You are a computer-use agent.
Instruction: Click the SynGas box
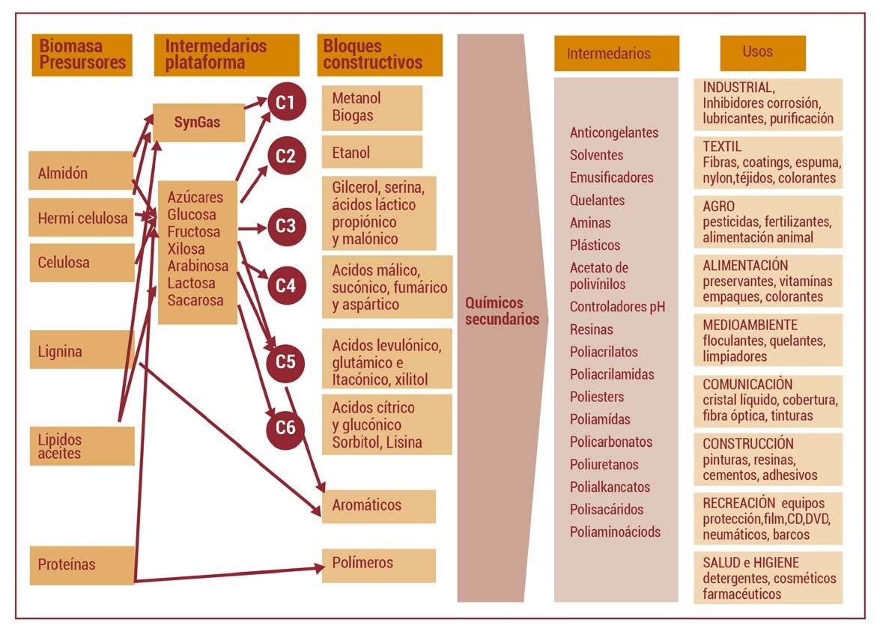pyautogui.click(x=198, y=122)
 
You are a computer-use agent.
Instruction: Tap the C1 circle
pyautogui.click(x=285, y=103)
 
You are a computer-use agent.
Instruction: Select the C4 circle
pyautogui.click(x=285, y=285)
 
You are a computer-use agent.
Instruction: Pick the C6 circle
pyautogui.click(x=285, y=427)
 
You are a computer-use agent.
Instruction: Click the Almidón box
pyautogui.click(x=81, y=171)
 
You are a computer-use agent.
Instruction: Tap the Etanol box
pyautogui.click(x=371, y=153)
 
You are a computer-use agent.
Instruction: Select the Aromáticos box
pyautogui.click(x=378, y=506)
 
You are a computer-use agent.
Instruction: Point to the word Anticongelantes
pyautogui.click(x=614, y=132)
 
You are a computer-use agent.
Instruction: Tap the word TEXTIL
pyautogui.click(x=722, y=147)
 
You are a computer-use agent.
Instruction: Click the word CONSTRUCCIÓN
pyautogui.click(x=748, y=444)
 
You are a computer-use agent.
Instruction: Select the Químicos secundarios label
pyautogui.click(x=502, y=311)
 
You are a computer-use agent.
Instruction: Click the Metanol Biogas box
pyautogui.click(x=371, y=108)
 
